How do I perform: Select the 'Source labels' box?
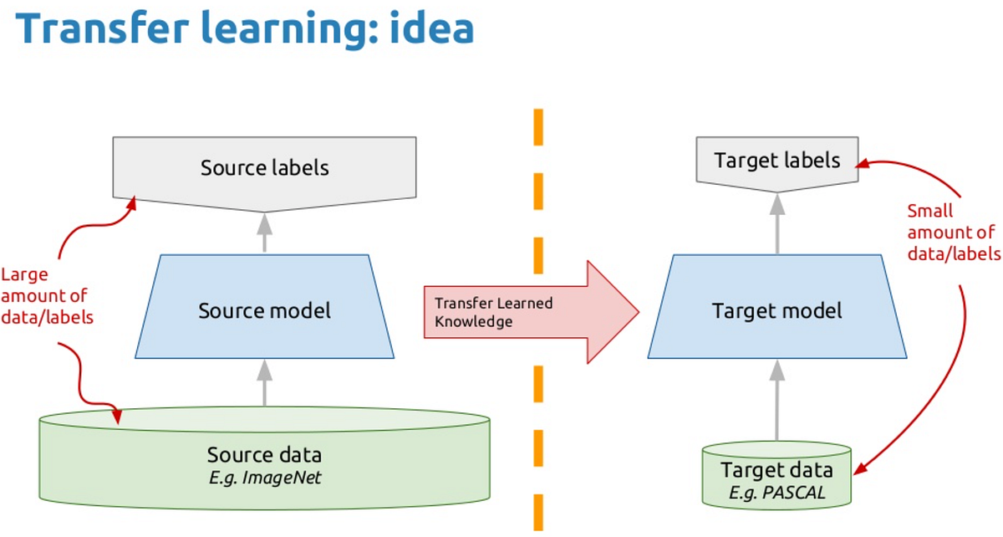(264, 168)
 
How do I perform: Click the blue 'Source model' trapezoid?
(264, 311)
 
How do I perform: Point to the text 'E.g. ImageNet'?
(264, 478)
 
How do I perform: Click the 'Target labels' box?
(777, 160)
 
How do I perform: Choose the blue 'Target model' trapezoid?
(777, 311)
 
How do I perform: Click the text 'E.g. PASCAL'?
(777, 493)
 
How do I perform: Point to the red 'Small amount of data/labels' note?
(953, 233)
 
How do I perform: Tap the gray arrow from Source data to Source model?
(264, 383)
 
